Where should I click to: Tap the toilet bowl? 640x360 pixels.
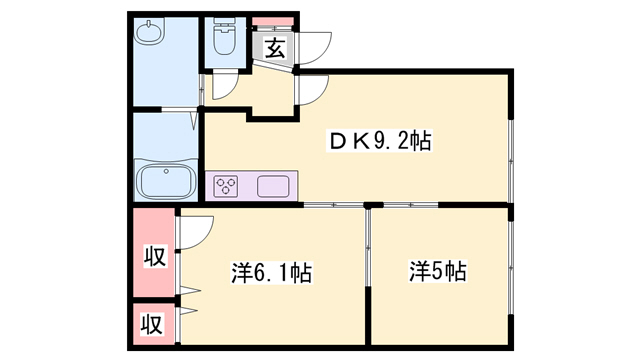222,43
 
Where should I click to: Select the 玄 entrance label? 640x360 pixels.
272,44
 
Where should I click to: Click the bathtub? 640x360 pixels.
168,182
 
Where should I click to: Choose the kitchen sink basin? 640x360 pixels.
273,185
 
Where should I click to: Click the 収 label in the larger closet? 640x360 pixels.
152,257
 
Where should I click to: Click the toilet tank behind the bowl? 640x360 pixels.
222,28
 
